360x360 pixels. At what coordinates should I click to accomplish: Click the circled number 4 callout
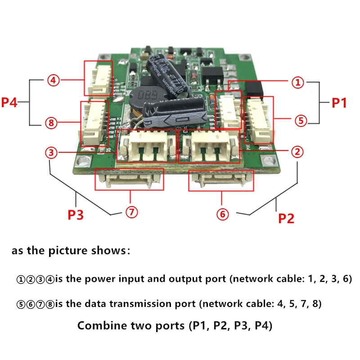53,81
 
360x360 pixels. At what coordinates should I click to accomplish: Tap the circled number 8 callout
53,122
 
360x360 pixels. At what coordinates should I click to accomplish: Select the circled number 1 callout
297,82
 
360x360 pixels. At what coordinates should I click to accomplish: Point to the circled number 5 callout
301,120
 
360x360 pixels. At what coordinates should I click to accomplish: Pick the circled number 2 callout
296,152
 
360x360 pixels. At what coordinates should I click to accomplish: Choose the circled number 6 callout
222,214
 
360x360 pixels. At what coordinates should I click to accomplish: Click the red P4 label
9,102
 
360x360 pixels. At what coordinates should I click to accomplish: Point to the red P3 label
76,215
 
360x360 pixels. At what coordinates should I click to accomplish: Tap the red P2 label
286,219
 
